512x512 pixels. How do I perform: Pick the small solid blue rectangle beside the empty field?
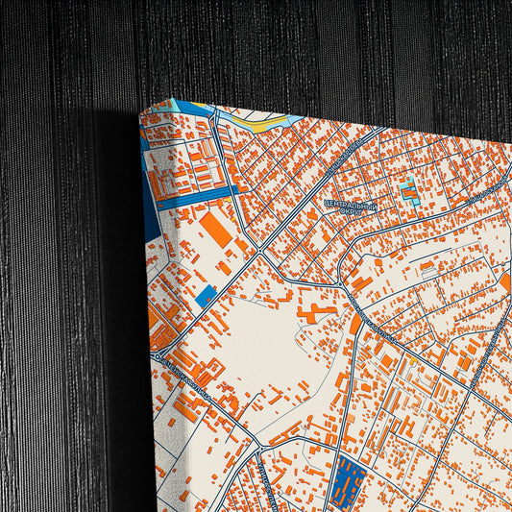coord(206,296)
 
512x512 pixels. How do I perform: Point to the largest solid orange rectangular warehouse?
coord(214,232)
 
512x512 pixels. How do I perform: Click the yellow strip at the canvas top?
coord(260,121)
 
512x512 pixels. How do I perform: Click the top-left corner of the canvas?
coord(141,111)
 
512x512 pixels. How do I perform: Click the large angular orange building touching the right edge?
coord(505,282)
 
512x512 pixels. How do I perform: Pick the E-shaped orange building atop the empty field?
coord(317,310)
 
